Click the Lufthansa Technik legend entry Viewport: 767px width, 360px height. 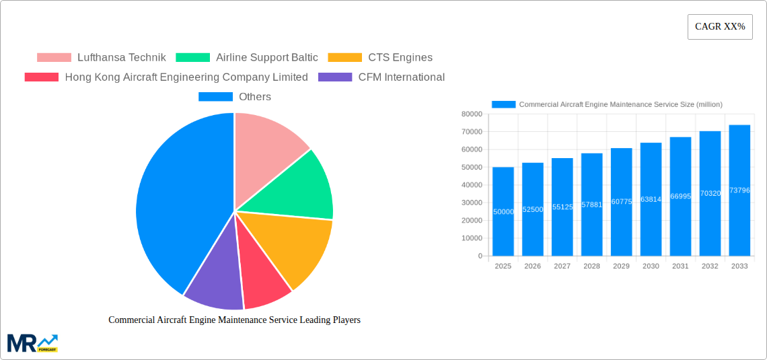coord(101,58)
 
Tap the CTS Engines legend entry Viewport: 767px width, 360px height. coord(380,58)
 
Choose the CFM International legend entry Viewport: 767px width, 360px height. coord(381,77)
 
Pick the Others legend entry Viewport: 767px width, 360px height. coord(235,97)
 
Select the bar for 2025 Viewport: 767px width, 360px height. coord(503,211)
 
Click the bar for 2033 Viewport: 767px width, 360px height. coord(739,190)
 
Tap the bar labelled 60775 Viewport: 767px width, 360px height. coord(621,202)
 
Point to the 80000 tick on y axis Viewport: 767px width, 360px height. coord(471,114)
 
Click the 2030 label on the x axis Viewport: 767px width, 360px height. coord(651,266)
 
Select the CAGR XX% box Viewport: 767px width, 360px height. coord(720,27)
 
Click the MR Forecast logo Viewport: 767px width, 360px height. coord(32,343)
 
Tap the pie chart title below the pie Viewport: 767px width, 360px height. coord(234,320)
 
